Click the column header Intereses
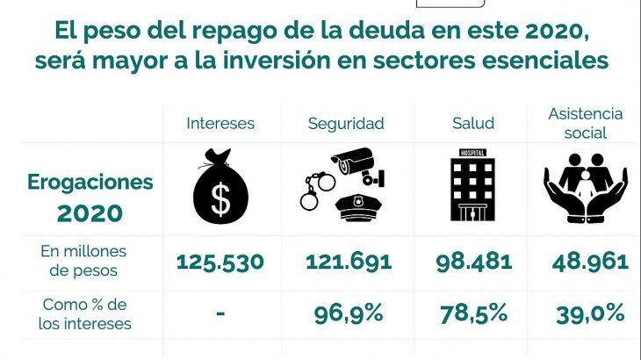220,123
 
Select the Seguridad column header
346,123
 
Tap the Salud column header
472,123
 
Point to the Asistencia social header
585,123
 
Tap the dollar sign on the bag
220,200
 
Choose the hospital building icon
472,188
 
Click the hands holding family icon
585,187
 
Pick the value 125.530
220,262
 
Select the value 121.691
349,262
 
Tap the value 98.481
473,262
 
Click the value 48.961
589,262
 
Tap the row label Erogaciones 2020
90,198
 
